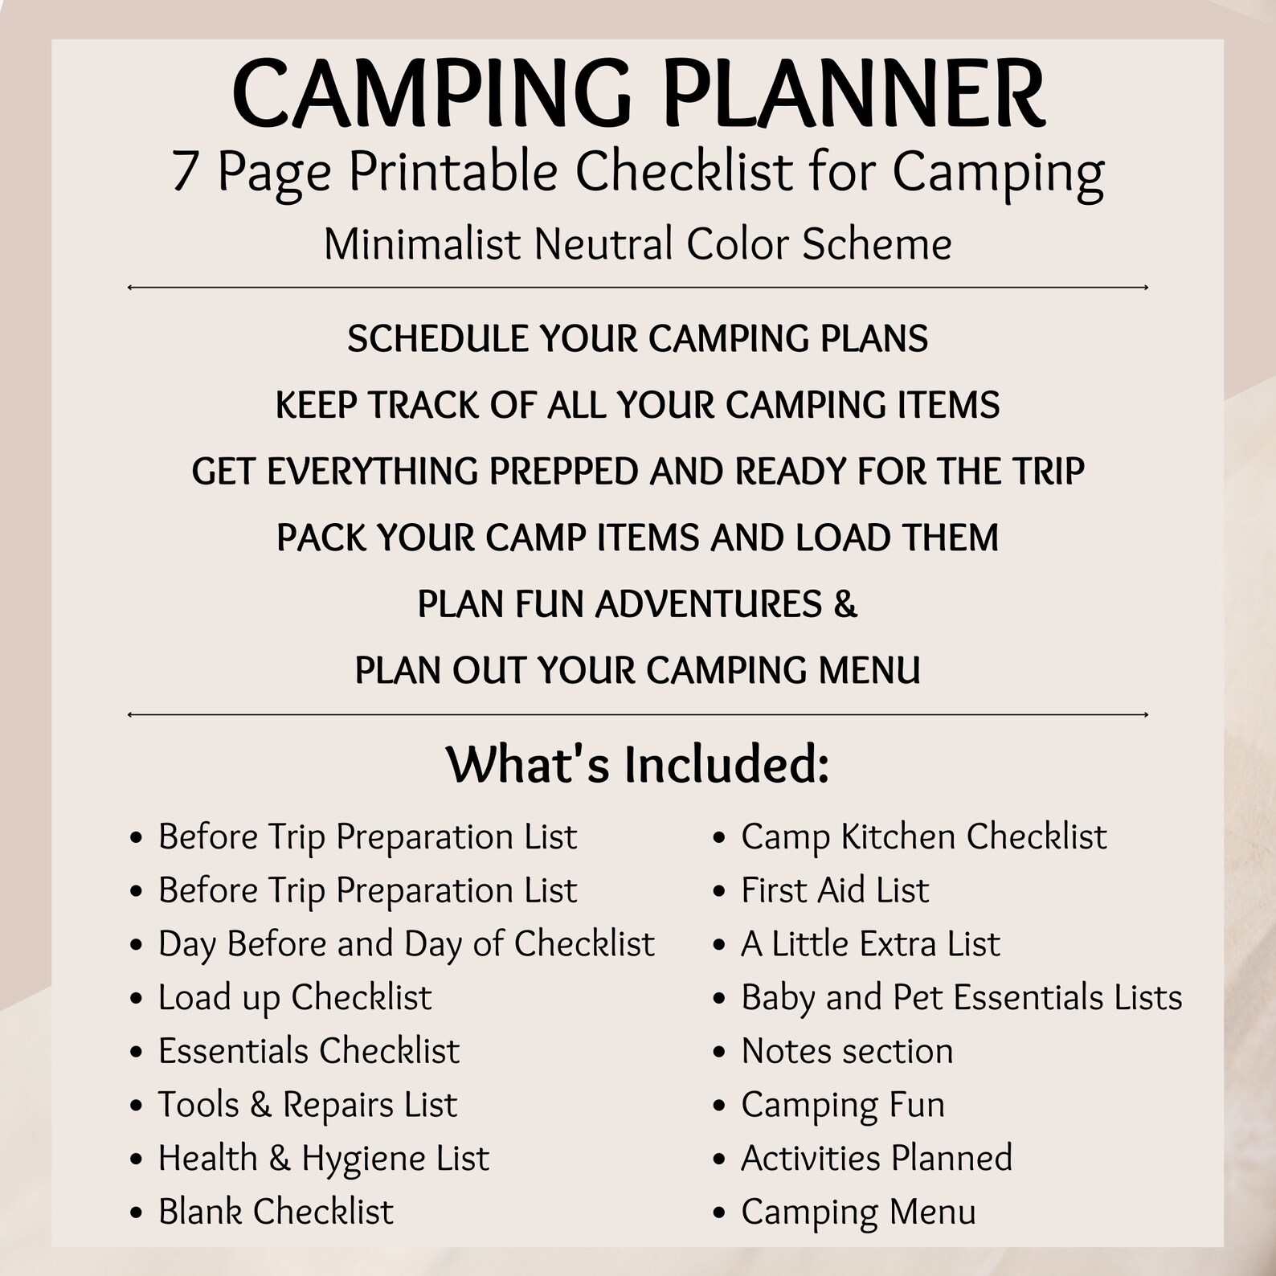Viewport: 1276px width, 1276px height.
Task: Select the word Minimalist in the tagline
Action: [422, 244]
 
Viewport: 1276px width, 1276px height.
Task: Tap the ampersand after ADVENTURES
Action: [845, 604]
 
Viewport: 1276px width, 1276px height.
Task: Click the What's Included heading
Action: [637, 764]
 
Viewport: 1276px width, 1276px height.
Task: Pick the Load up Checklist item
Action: [295, 998]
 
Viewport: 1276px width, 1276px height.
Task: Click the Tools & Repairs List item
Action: [307, 1105]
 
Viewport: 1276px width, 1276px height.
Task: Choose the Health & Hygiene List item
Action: [323, 1159]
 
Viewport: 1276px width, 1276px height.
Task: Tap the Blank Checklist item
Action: [276, 1212]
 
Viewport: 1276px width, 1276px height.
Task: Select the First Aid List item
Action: [835, 890]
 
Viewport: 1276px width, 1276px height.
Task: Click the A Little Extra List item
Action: [870, 944]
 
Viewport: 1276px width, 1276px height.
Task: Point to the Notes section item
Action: [847, 1051]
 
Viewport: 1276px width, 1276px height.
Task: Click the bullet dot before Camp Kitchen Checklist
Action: [720, 838]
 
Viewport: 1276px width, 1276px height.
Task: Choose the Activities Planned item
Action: [877, 1159]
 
